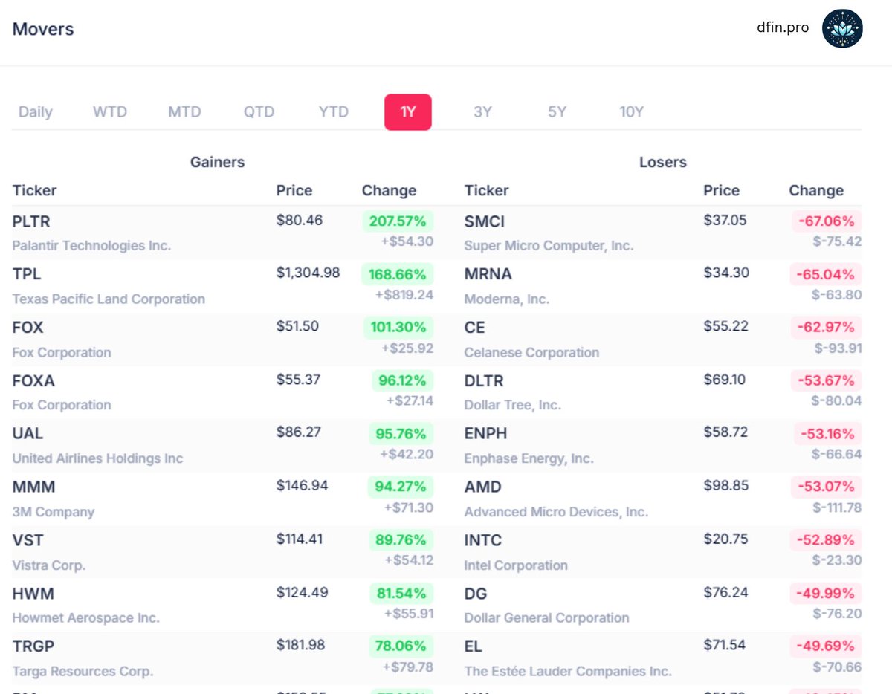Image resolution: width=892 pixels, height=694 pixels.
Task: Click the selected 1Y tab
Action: pyautogui.click(x=407, y=112)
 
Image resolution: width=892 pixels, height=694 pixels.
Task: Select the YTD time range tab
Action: pyautogui.click(x=333, y=112)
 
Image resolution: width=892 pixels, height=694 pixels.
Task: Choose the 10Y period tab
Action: pyautogui.click(x=631, y=112)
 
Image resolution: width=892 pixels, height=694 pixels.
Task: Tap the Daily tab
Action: pyautogui.click(x=35, y=112)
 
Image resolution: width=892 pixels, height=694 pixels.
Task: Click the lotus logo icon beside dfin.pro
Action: pyautogui.click(x=842, y=29)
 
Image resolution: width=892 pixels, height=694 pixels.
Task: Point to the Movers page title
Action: pyautogui.click(x=43, y=30)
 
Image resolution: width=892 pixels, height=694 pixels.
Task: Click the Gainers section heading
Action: pyautogui.click(x=217, y=162)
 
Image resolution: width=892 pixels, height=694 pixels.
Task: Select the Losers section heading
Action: pyautogui.click(x=662, y=162)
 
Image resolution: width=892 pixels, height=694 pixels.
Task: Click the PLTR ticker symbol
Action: pyautogui.click(x=31, y=221)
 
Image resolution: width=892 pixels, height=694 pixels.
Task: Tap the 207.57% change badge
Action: pyautogui.click(x=398, y=221)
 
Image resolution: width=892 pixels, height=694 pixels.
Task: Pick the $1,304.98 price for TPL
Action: pyautogui.click(x=308, y=273)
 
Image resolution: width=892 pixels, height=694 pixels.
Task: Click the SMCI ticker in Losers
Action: pyautogui.click(x=485, y=221)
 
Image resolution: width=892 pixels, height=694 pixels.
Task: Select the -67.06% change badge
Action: pyautogui.click(x=825, y=221)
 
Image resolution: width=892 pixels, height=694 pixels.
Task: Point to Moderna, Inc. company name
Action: pyautogui.click(x=506, y=299)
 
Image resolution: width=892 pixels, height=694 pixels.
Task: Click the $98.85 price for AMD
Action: pyautogui.click(x=725, y=485)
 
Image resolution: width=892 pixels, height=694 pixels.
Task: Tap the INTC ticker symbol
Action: pyautogui.click(x=483, y=540)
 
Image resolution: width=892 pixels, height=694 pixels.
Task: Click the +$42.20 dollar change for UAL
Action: pyautogui.click(x=407, y=454)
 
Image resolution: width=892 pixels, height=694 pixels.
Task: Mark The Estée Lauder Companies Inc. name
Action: pyautogui.click(x=567, y=671)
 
